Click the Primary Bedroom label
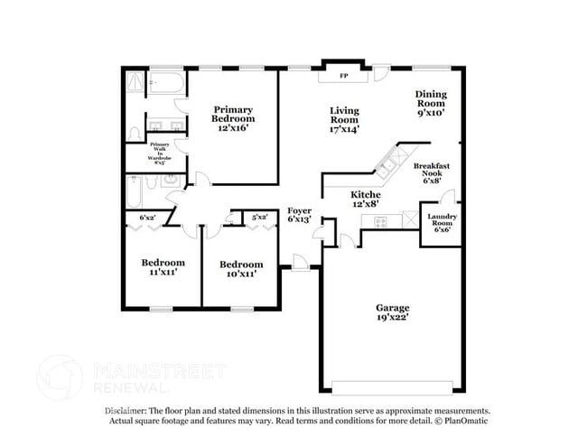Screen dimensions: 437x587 point(233,118)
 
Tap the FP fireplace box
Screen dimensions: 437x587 point(343,76)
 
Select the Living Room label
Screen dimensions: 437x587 point(344,119)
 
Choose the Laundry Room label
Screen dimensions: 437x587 point(443,222)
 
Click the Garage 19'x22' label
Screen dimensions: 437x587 point(393,312)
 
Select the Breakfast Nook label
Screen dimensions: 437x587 point(431,172)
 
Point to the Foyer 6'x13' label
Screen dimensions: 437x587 point(300,214)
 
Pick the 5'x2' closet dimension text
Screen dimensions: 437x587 point(259,218)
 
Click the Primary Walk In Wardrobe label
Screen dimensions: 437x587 point(160,153)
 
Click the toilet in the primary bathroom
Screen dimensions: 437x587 point(134,132)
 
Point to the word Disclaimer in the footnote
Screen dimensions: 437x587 point(126,410)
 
